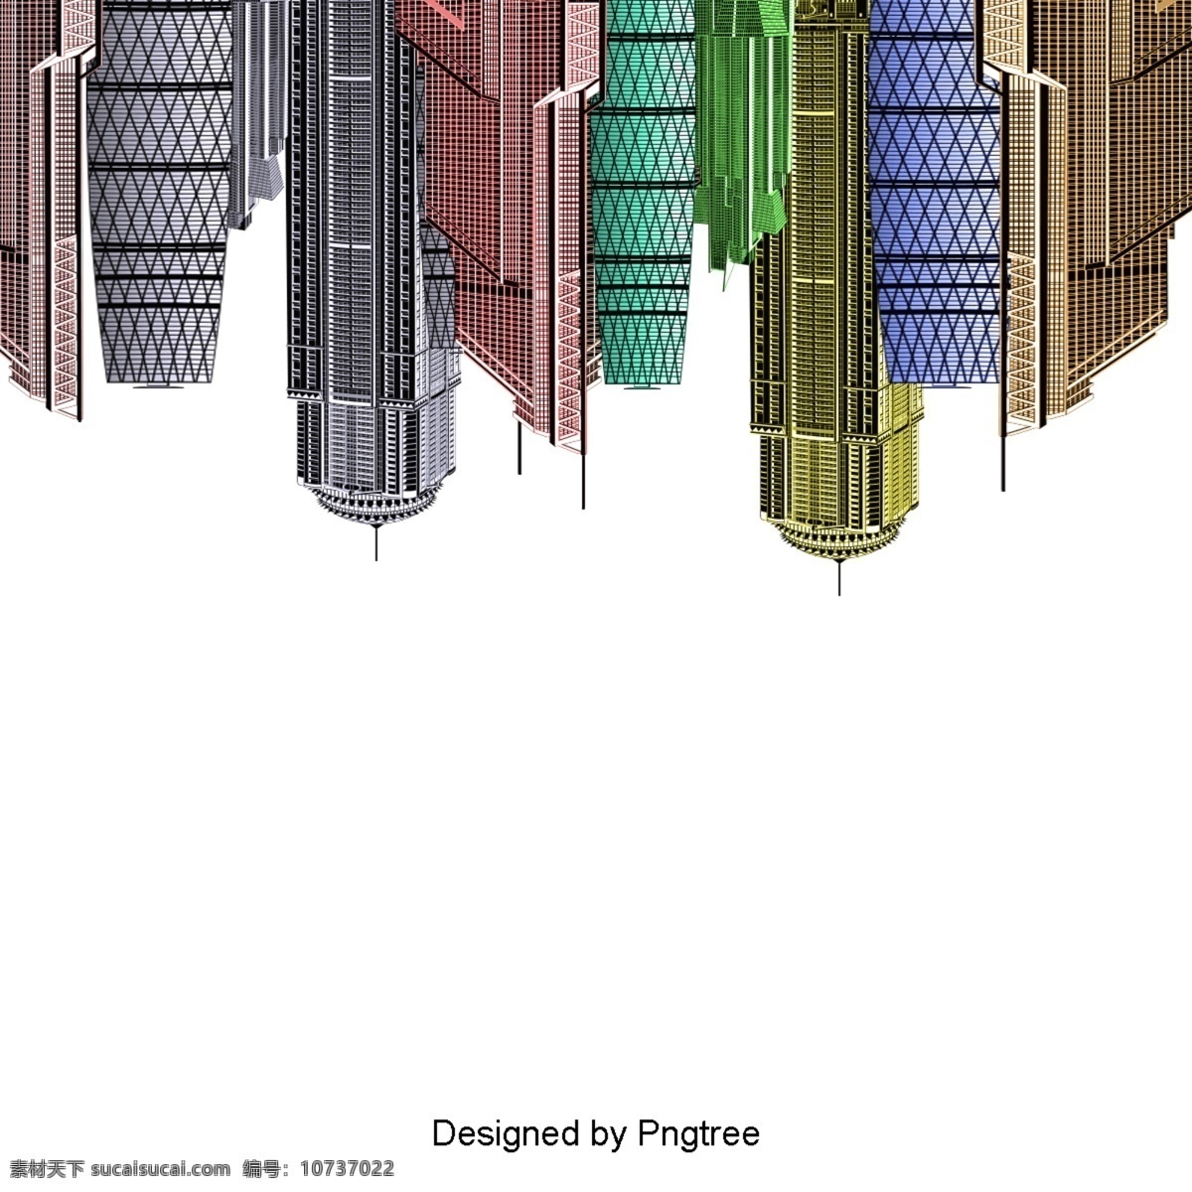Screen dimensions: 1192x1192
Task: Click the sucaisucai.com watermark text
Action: point(161,1169)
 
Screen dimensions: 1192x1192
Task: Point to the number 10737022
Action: point(347,1169)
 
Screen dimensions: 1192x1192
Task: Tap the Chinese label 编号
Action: point(261,1169)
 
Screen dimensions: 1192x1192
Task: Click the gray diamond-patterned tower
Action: point(160,192)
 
